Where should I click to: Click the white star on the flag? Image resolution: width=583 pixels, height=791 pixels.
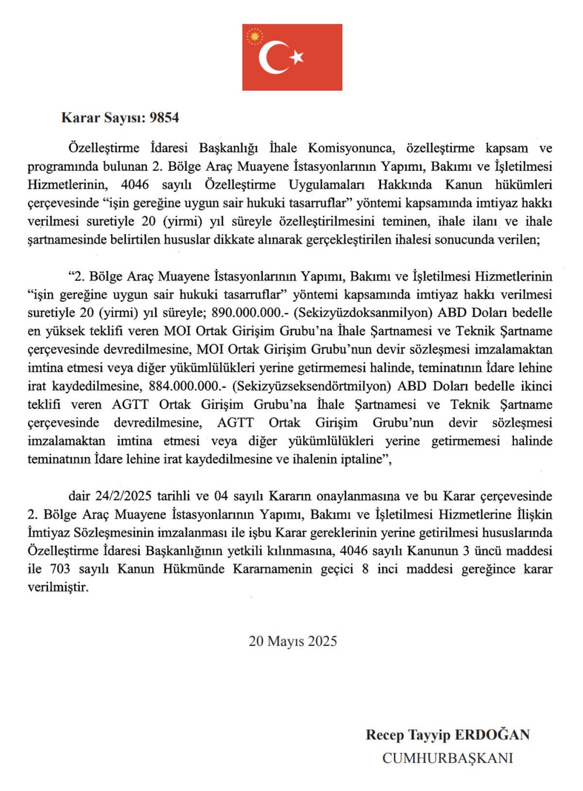tap(297, 57)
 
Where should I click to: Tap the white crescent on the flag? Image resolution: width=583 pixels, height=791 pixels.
tap(272, 57)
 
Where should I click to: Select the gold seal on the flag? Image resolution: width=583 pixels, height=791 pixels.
tap(255, 36)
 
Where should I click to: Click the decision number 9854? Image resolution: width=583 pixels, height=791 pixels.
tap(165, 118)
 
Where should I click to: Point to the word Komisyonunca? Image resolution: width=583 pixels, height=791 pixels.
tap(350, 148)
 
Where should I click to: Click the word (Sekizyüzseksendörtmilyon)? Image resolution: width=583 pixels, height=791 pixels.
tap(312, 387)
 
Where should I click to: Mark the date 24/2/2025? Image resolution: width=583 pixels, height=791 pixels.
tap(123, 496)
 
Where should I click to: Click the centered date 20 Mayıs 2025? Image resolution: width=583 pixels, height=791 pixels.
tap(292, 641)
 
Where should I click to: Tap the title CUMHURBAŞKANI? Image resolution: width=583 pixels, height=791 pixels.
tap(447, 758)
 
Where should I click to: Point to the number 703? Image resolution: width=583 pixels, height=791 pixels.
tap(60, 569)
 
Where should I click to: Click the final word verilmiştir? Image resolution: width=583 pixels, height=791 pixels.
tap(58, 588)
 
